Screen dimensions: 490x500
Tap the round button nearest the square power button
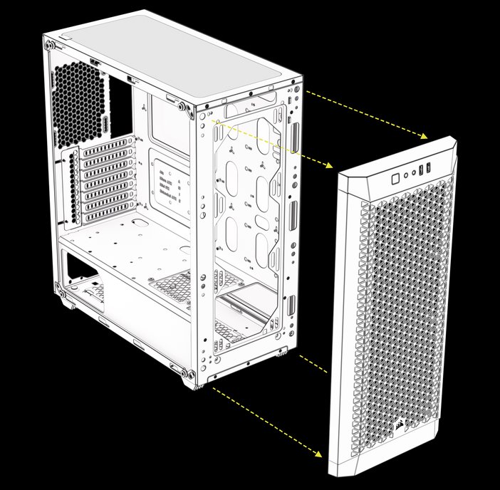click(x=405, y=173)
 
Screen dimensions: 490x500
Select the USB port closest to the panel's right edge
click(x=429, y=169)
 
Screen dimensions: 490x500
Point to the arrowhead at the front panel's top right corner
click(x=425, y=136)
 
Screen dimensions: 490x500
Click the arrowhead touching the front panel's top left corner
click(x=329, y=165)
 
